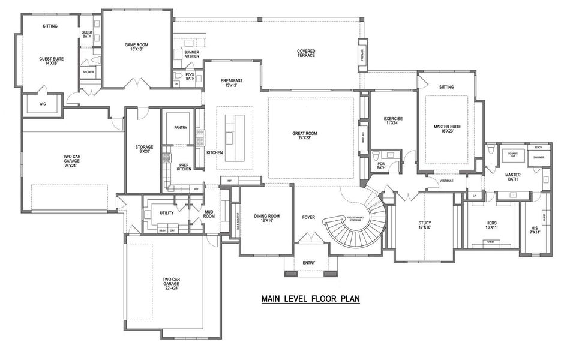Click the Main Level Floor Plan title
[310, 298]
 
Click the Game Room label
[136, 47]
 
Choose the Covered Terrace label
[306, 53]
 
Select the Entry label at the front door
[309, 263]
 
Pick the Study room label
[424, 226]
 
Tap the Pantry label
[181, 128]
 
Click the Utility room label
[166, 213]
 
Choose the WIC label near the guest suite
[43, 104]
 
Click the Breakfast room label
[231, 83]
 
